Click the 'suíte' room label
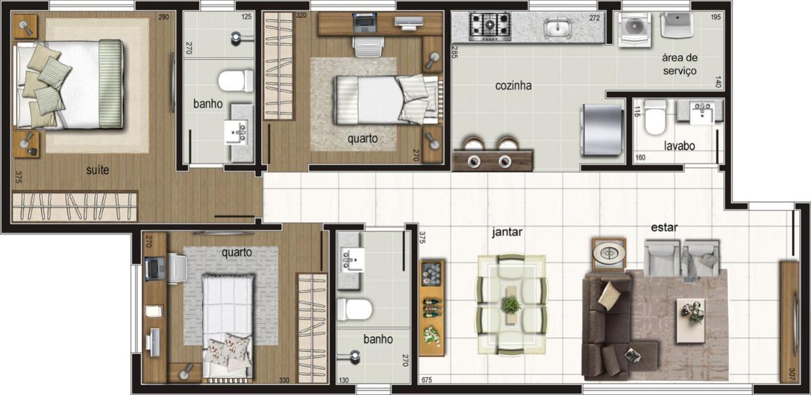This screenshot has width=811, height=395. click(97, 170)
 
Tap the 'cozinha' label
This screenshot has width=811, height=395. click(514, 86)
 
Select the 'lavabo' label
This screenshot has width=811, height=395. click(680, 146)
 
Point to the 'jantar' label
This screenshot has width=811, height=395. click(507, 232)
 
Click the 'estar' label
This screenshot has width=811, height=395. click(664, 228)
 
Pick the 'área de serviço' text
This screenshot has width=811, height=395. click(680, 64)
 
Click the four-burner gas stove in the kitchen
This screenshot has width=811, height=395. click(490, 26)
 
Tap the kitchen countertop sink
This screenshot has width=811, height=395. click(558, 27)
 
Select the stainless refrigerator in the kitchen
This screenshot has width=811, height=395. click(601, 130)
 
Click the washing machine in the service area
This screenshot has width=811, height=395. click(635, 30)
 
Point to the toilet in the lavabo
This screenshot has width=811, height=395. click(655, 117)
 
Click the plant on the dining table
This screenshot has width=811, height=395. click(511, 305)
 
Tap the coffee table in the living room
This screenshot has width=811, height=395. click(691, 321)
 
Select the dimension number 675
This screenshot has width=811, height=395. click(427, 380)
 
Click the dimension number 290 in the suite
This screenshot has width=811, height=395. click(164, 17)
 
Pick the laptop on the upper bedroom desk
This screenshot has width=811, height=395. click(364, 22)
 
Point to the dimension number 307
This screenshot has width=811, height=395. click(791, 374)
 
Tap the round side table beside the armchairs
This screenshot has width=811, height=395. click(609, 255)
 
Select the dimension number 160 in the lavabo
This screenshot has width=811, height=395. click(640, 158)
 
